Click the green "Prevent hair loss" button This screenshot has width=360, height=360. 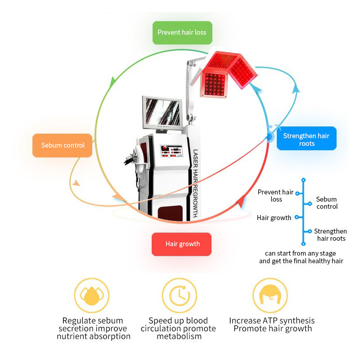click(182, 32)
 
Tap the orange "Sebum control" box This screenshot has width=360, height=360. click(63, 145)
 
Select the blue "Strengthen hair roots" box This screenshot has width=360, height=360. click(306, 139)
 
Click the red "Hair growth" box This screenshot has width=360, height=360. click(182, 244)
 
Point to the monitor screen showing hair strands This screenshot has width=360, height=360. click(162, 112)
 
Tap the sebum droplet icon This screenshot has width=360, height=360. click(92, 295)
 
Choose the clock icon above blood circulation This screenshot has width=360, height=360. click(179, 295)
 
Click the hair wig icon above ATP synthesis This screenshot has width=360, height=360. click(270, 295)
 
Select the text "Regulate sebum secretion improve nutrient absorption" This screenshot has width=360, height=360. click(93, 328)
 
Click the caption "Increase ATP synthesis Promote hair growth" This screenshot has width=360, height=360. click(272, 324)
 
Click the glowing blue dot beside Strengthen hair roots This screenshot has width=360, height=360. click(270, 136)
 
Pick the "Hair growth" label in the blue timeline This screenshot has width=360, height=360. click(274, 218)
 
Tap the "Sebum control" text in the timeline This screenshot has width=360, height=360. click(327, 203)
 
